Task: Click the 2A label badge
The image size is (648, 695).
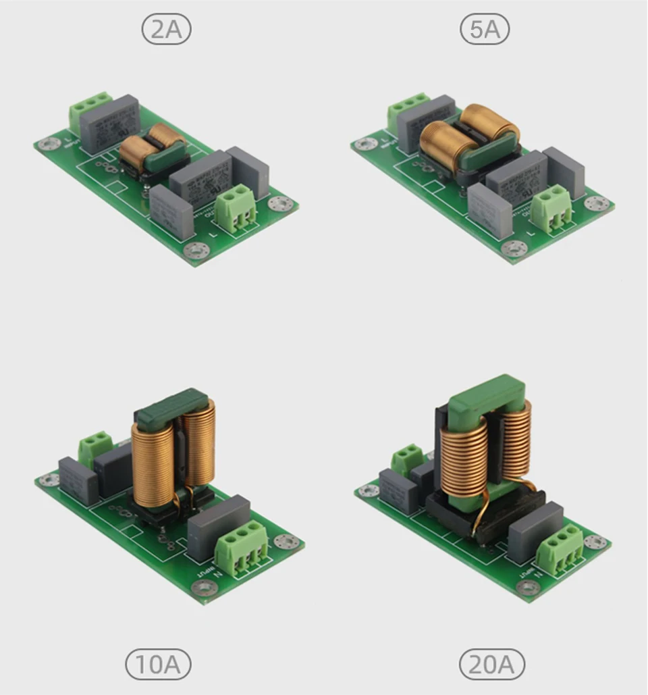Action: click(167, 30)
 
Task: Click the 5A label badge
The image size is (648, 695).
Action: click(484, 30)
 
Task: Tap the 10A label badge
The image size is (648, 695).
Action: click(158, 665)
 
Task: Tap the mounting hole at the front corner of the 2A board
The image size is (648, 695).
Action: click(194, 249)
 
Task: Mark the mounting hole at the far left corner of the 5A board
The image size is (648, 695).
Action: click(367, 143)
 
